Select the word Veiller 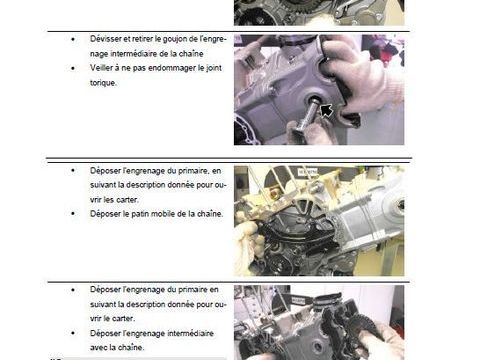[102, 68]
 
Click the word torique [103, 83]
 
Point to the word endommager [171, 68]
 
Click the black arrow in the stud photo [327, 110]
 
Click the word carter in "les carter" [127, 200]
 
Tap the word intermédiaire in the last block [190, 333]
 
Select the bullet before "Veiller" [73, 68]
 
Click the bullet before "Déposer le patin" [73, 214]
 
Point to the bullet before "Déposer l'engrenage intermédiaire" [73, 333]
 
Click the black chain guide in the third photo [293, 233]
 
